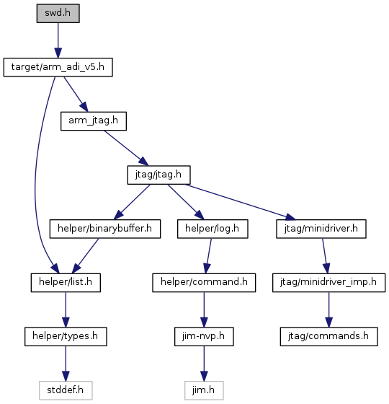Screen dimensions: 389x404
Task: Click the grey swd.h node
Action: coord(58,13)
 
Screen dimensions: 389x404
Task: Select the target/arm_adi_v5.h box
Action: coord(58,67)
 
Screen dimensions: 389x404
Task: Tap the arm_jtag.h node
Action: coord(94,121)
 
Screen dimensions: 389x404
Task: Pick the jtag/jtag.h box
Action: coord(158,175)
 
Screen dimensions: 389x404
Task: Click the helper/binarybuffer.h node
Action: coord(105,229)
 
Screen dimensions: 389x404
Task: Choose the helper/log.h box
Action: coord(213,229)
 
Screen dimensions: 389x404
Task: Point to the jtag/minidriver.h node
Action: coord(321,229)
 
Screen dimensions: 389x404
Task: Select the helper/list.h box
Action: coord(66,283)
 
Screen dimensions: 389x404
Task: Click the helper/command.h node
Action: coord(204,283)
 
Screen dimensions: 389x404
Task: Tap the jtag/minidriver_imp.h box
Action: coord(328,283)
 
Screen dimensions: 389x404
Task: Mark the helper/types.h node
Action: coord(66,336)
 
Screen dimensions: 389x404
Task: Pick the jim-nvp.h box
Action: coord(204,336)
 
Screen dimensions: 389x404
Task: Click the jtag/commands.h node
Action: coord(328,336)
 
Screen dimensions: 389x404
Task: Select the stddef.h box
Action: coord(66,390)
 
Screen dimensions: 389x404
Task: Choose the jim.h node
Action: coord(204,390)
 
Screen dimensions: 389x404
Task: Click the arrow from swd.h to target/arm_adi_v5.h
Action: coord(58,40)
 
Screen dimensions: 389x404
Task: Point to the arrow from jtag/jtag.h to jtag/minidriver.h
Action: coord(241,202)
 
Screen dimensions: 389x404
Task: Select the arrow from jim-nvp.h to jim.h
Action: coord(204,364)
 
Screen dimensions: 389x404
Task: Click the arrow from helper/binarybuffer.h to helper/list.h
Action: coord(85,256)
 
